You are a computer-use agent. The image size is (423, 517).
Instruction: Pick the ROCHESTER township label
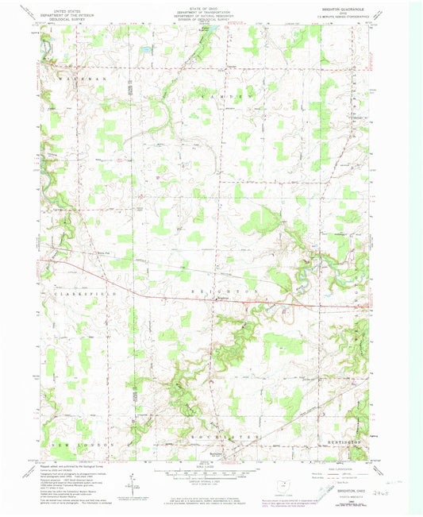point(223,438)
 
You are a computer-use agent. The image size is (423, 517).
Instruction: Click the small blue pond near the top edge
point(146,49)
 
